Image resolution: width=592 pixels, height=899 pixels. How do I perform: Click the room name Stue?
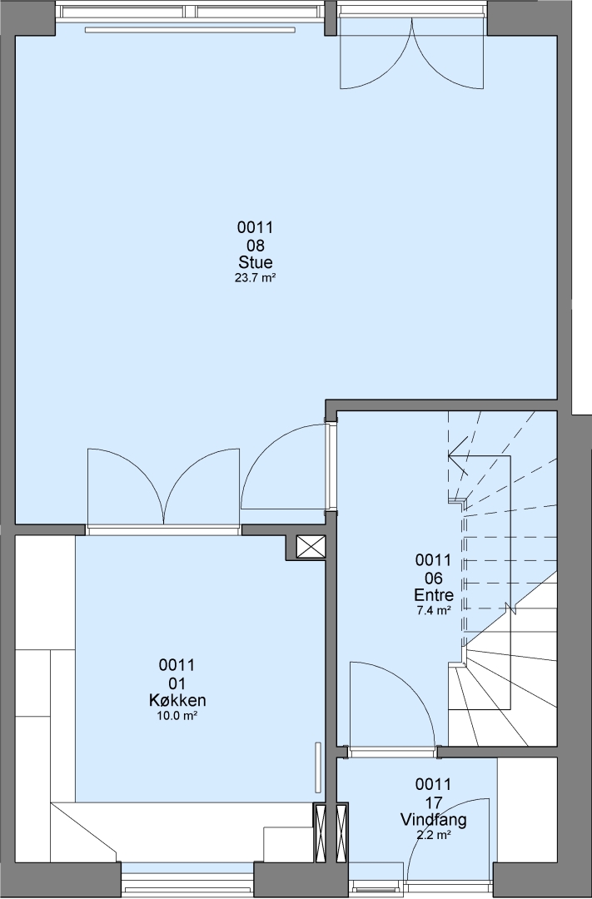[256, 262]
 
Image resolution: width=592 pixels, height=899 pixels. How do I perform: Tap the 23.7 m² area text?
[256, 278]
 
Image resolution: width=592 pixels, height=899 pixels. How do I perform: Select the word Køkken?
[177, 700]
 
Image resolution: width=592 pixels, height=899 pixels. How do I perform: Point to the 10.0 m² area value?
[177, 716]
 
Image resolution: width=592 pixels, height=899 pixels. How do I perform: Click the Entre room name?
[434, 594]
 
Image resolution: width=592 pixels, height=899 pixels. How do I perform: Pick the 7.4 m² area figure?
[434, 610]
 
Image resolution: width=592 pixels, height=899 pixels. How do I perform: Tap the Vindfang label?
[434, 820]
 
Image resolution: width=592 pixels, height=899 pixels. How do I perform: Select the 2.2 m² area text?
[434, 835]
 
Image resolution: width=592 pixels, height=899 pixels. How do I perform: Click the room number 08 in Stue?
[256, 246]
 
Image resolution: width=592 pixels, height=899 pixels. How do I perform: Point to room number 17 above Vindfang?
[434, 802]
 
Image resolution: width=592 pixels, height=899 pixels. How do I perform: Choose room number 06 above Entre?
[434, 578]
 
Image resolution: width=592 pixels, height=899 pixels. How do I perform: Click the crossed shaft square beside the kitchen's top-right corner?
[311, 548]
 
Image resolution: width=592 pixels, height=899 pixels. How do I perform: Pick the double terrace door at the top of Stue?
[412, 52]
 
